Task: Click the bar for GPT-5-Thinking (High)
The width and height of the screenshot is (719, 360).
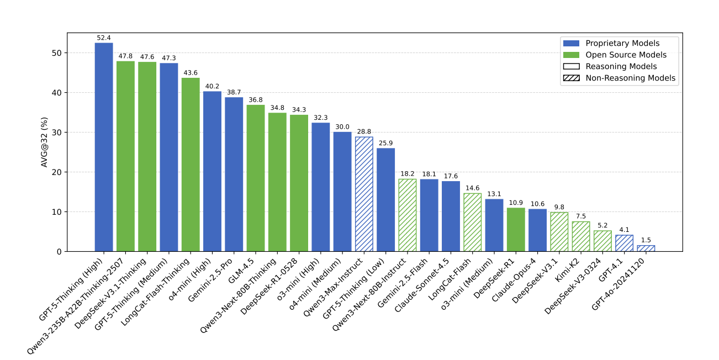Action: pyautogui.click(x=104, y=147)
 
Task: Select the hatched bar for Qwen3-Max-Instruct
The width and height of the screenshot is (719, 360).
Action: pyautogui.click(x=364, y=194)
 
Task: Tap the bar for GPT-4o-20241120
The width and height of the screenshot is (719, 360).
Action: pyautogui.click(x=646, y=248)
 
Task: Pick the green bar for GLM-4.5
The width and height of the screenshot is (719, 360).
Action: pyautogui.click(x=256, y=178)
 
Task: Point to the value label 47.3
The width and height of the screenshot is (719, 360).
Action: pyautogui.click(x=169, y=58)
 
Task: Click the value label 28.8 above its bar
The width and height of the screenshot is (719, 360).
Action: pyautogui.click(x=364, y=131)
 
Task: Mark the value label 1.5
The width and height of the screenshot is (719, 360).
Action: pyautogui.click(x=646, y=240)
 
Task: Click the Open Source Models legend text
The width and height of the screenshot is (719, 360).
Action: pyautogui.click(x=626, y=55)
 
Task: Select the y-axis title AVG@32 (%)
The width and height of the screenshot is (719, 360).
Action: pyautogui.click(x=45, y=142)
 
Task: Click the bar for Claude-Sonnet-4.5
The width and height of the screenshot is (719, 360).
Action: pyautogui.click(x=451, y=216)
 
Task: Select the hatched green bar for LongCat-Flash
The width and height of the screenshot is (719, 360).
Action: pyautogui.click(x=472, y=222)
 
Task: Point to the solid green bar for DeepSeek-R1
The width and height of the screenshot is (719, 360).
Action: pyautogui.click(x=516, y=229)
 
